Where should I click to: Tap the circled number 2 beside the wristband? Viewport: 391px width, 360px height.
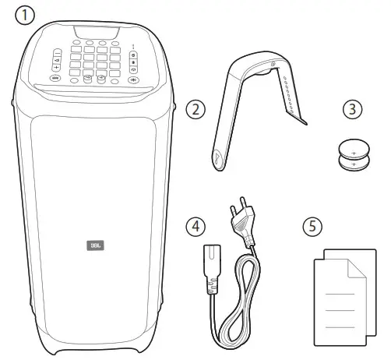pyautogui.click(x=199, y=109)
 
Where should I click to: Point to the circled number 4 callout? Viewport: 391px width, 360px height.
pyautogui.click(x=199, y=226)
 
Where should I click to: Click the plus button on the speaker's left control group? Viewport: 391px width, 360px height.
pyautogui.click(x=58, y=68)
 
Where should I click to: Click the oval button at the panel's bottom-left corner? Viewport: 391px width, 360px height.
pyautogui.click(x=56, y=78)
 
